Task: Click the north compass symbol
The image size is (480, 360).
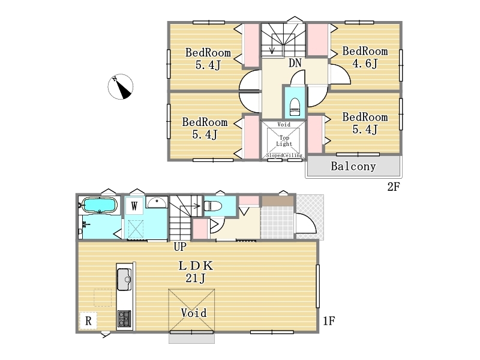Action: (121, 86)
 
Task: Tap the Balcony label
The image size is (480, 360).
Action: (353, 166)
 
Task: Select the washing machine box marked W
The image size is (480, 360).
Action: (134, 206)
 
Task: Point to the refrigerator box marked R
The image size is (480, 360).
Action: (88, 320)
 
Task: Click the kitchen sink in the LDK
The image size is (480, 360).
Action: (124, 279)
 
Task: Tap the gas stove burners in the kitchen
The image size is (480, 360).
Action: (124, 319)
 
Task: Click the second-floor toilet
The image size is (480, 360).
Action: (295, 107)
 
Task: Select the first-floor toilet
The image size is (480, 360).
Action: (213, 205)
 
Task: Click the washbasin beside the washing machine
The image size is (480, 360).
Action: (157, 202)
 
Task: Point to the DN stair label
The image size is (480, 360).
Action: (295, 63)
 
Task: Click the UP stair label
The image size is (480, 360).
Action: (180, 247)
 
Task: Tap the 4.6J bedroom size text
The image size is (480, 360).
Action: (365, 64)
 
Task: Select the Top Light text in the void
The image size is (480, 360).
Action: (284, 141)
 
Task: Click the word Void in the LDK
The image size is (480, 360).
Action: (193, 313)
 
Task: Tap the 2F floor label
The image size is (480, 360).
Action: (394, 187)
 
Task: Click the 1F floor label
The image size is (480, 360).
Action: (329, 321)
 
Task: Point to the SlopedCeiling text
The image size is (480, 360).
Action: (284, 155)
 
